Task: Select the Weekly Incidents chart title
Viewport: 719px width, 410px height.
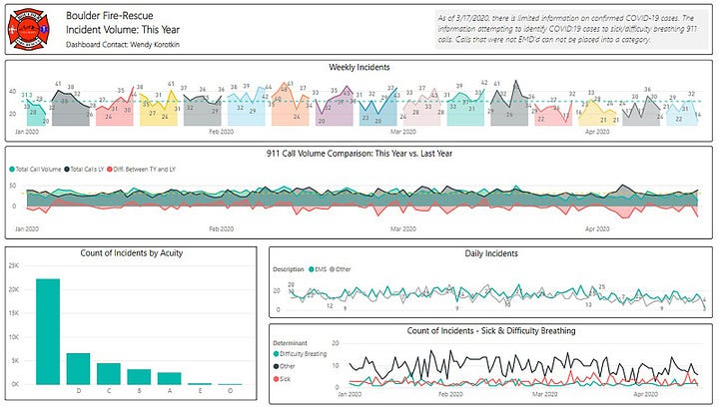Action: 359,67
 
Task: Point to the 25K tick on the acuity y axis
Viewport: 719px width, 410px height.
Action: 15,265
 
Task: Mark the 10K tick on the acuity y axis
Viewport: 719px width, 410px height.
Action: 15,336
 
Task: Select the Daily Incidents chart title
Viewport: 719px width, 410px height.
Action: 491,253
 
